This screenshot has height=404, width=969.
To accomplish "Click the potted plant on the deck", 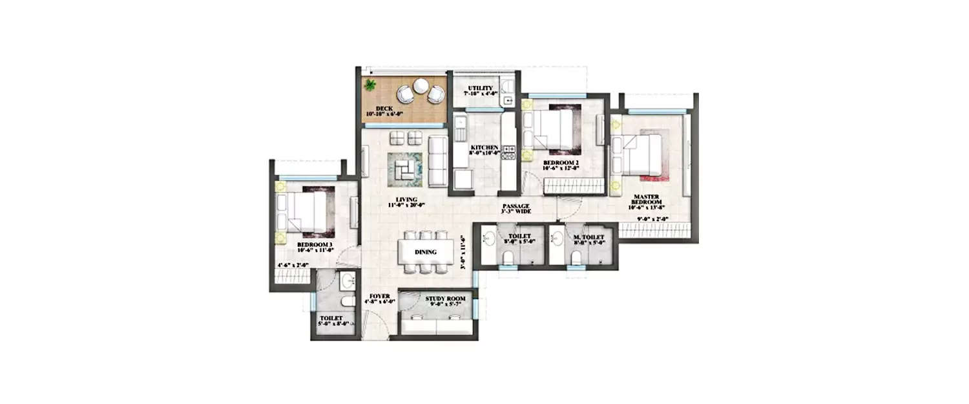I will point(371,85).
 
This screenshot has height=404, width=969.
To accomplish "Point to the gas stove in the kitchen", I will point(508,153).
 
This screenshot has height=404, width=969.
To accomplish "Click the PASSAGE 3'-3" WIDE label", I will point(516,208).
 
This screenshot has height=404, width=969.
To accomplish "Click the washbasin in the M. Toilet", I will point(557,239).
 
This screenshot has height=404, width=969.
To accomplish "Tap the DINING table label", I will point(425,252).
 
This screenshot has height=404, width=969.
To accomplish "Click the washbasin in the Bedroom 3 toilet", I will point(348,281).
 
